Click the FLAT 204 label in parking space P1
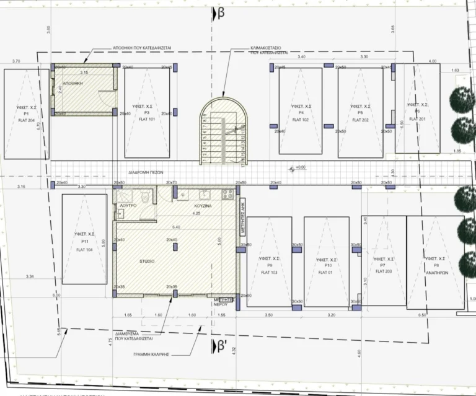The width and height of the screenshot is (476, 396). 26,120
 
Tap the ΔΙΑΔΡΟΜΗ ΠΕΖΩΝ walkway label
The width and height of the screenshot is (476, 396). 146,174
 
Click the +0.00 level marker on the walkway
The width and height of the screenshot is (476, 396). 300,167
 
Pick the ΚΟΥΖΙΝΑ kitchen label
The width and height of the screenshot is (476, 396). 203,204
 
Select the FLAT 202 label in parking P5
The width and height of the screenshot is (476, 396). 360,120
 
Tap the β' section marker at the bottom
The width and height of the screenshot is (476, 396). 219,345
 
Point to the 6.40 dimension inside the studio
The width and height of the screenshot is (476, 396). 176,227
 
